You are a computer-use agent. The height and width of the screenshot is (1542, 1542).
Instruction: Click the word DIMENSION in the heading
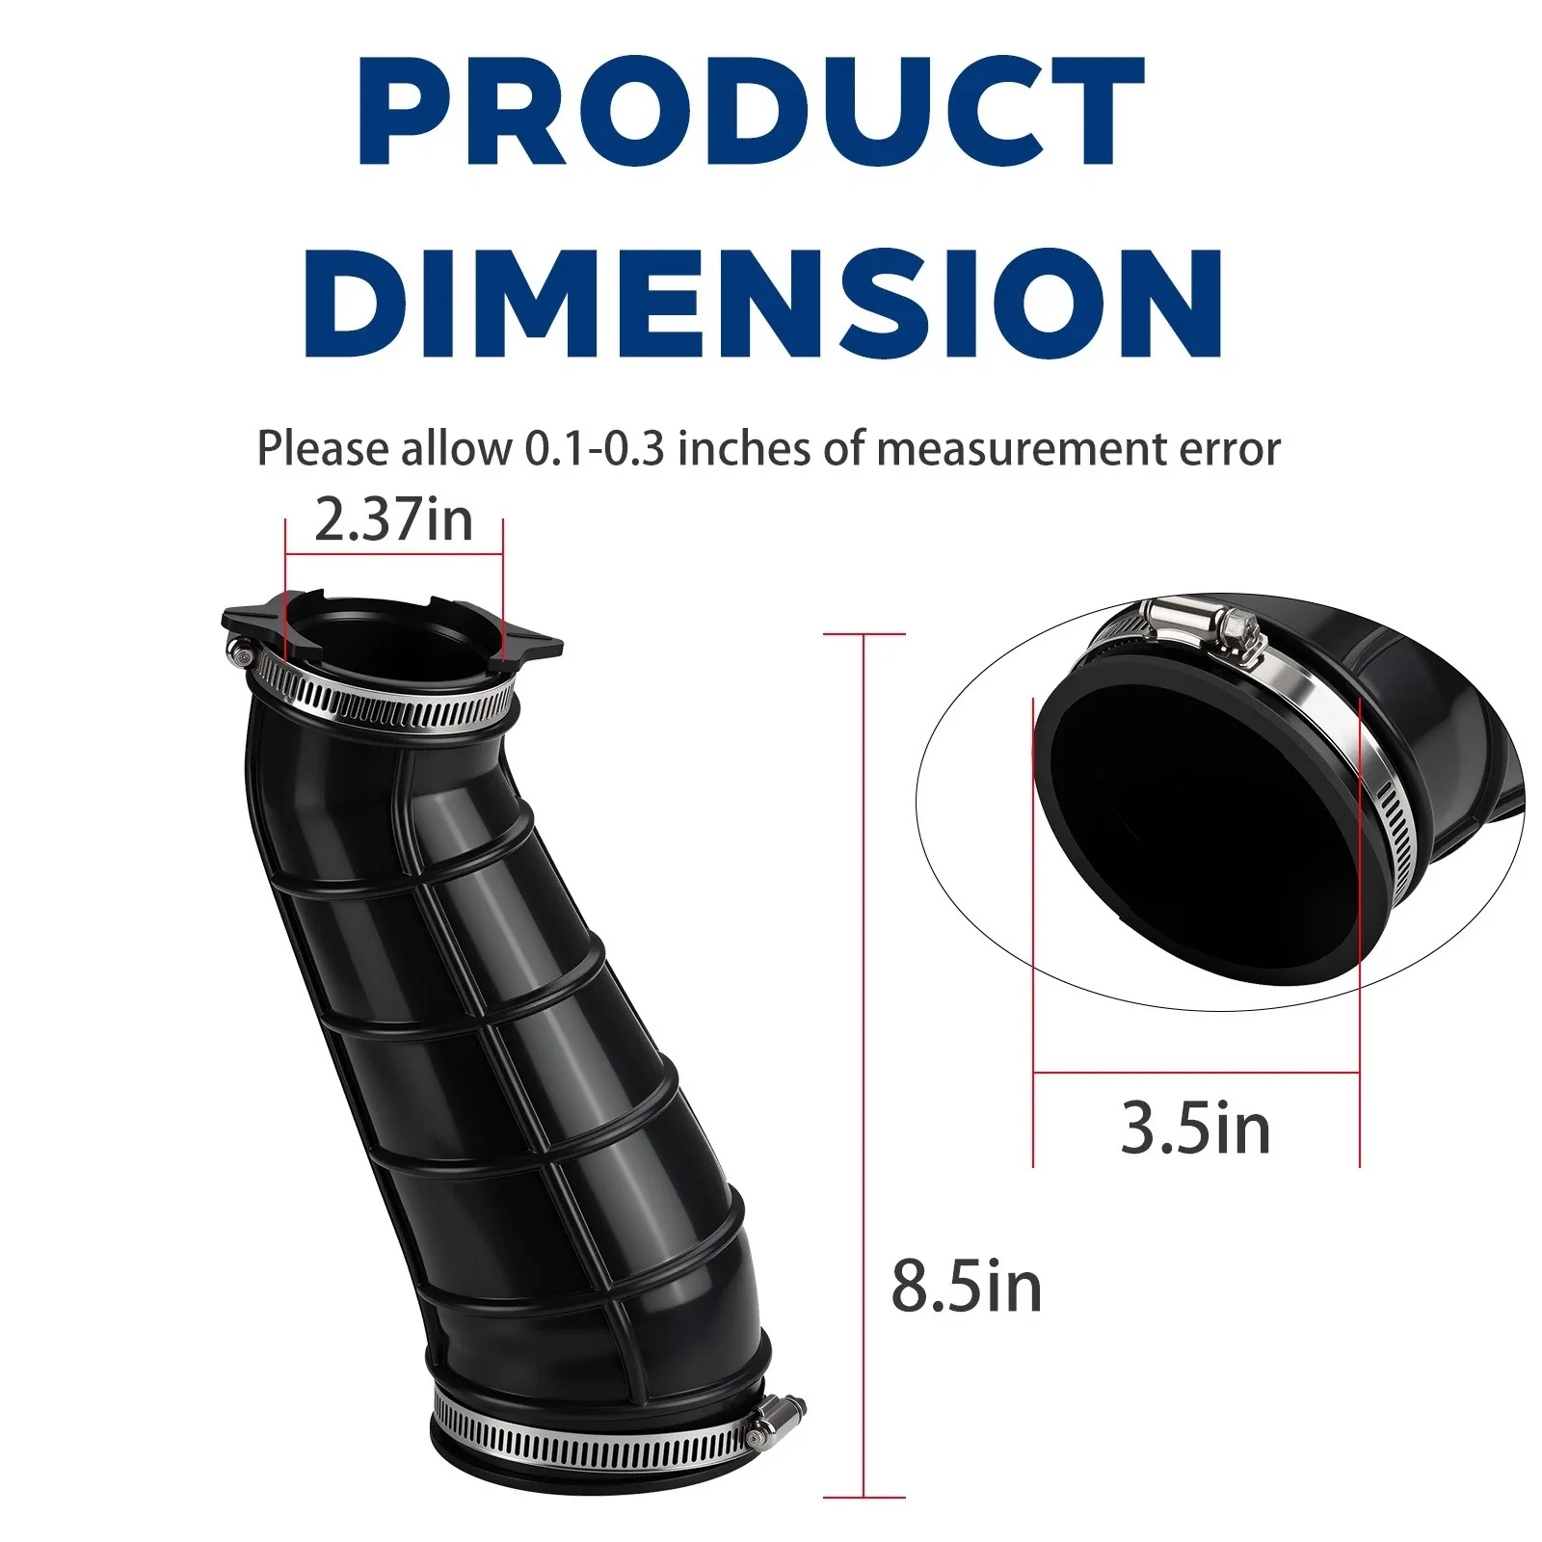tap(764, 301)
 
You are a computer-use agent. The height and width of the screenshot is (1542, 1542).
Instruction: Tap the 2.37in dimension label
tap(393, 520)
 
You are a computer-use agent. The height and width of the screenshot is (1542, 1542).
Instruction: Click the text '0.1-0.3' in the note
tap(595, 449)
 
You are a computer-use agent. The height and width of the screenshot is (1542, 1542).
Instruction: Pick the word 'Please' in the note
tap(324, 449)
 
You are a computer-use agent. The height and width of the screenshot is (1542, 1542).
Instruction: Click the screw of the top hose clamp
tap(241, 654)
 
